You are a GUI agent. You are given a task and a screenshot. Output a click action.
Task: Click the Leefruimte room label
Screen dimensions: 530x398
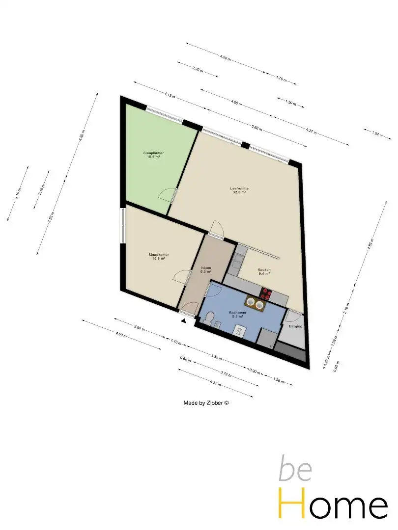[x=239, y=190]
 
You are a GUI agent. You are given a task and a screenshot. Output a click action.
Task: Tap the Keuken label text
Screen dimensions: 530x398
[x=264, y=272]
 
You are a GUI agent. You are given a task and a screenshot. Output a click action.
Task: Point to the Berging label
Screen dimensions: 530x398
[x=295, y=326]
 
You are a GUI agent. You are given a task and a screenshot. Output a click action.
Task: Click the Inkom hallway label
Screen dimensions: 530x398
[x=205, y=269]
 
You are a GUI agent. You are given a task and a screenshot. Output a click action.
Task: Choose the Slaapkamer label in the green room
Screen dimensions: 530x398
[x=153, y=155]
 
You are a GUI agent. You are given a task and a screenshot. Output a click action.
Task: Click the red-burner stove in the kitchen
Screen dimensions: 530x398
[x=266, y=293]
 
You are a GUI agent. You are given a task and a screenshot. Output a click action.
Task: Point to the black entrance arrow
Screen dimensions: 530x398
[x=184, y=321]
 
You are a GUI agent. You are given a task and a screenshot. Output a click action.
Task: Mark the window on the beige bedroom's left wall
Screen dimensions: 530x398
[x=122, y=226]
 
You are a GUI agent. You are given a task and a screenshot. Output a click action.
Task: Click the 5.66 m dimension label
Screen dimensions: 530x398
[x=256, y=129]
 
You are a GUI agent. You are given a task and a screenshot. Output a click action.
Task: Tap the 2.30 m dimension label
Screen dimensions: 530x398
[x=198, y=69]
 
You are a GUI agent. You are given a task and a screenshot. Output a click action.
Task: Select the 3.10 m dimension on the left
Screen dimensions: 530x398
[x=18, y=193]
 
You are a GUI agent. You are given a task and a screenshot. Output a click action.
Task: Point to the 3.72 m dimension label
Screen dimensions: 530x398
[x=226, y=374]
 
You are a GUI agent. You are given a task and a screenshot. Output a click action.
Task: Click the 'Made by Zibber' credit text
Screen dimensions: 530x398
[x=206, y=403]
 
